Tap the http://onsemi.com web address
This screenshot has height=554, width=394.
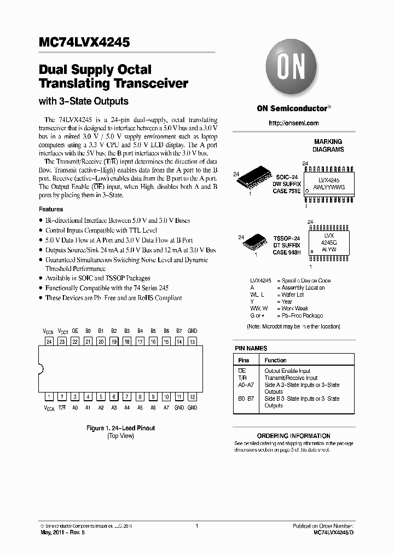(293, 123)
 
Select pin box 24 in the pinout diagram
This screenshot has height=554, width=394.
(49, 341)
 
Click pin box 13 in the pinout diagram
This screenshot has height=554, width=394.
(192, 341)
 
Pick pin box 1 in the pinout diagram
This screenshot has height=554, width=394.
(49, 397)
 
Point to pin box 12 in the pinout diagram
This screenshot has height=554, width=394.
(192, 397)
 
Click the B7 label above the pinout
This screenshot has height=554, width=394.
(179, 331)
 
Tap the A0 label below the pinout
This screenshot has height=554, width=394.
(75, 408)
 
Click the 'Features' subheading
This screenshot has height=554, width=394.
(51, 209)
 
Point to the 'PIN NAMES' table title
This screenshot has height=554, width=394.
(251, 348)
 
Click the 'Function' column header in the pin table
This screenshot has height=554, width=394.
(276, 360)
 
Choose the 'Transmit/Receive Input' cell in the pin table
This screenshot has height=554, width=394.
(291, 378)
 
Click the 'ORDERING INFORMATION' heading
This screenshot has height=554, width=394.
(293, 436)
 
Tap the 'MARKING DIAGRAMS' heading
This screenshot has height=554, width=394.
(328, 145)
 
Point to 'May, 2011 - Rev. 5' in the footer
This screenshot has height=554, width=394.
(61, 532)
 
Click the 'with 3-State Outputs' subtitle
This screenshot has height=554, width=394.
(84, 101)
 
